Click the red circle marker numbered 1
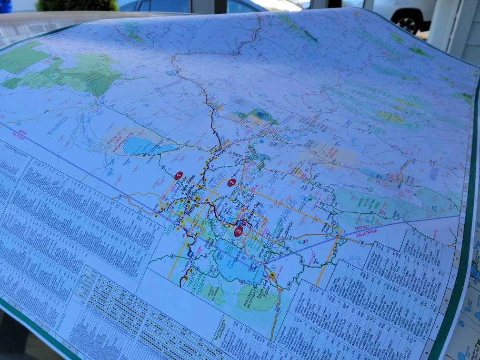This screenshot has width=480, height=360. click(x=179, y=176)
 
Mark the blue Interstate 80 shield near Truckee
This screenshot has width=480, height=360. click(x=190, y=255)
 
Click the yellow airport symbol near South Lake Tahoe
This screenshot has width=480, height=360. click(x=272, y=276)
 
